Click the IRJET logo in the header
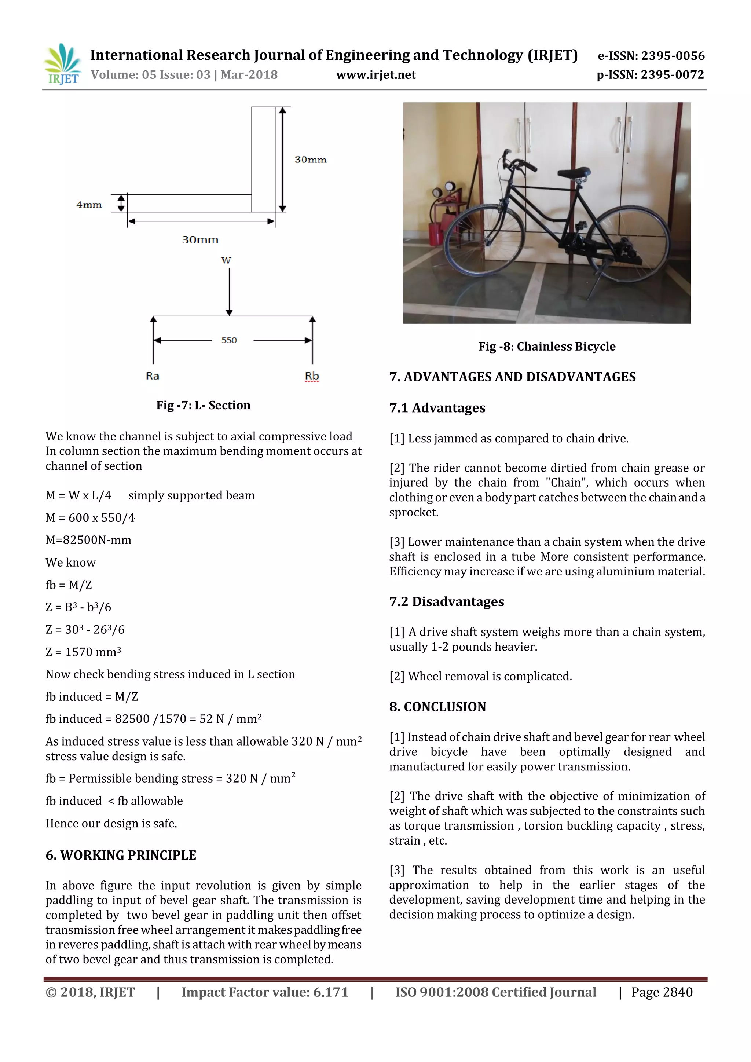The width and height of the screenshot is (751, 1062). (62, 64)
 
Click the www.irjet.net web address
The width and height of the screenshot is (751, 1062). (376, 75)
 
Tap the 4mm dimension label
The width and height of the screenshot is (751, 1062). (89, 205)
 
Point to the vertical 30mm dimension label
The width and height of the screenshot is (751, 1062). (311, 160)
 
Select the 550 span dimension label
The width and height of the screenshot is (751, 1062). (229, 340)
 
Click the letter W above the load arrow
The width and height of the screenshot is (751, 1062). (226, 260)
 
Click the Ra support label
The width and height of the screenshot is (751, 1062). (153, 376)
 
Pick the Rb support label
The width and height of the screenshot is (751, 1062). (312, 376)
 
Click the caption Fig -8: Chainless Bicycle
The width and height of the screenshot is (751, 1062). (547, 347)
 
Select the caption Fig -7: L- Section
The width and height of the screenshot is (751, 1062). (203, 405)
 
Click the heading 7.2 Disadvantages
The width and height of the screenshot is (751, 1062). (446, 601)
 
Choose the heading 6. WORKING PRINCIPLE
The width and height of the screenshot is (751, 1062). (121, 855)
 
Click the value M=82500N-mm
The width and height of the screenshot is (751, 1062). (88, 540)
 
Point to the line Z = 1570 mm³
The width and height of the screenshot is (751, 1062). (83, 652)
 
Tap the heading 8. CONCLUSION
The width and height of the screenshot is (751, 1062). (437, 707)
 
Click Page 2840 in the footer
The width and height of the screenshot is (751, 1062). (662, 992)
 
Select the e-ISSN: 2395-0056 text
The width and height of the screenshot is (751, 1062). (651, 56)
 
